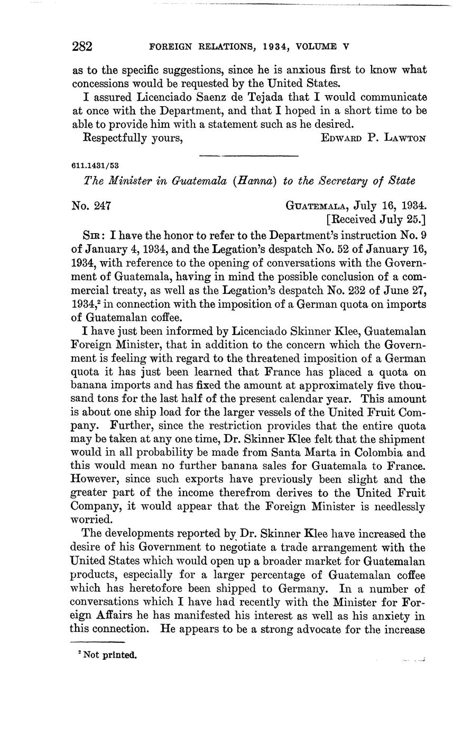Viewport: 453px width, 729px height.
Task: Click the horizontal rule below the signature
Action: click(248, 155)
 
